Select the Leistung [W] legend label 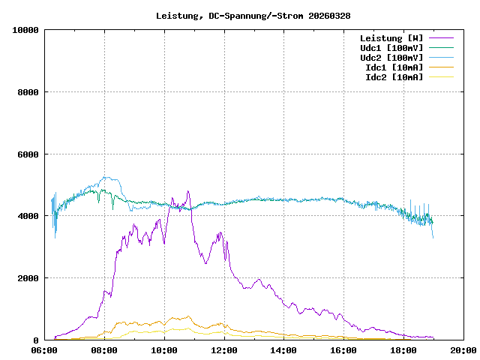391,38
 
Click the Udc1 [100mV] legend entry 391,48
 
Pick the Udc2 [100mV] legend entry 391,58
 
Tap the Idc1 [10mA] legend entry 394,67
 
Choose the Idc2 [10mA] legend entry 394,77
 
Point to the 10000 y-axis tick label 25,30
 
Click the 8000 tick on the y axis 28,92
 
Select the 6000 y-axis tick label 28,154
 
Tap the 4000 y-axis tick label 28,216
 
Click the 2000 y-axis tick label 28,278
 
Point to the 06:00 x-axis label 44,349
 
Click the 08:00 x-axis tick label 104,349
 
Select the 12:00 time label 224,349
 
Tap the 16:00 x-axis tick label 343,349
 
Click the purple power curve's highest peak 188,192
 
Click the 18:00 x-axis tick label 403,349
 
